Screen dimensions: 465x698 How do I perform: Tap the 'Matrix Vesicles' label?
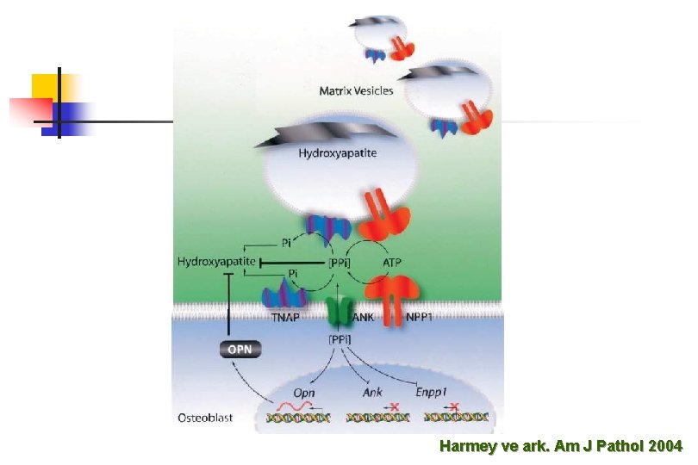[x=356, y=90]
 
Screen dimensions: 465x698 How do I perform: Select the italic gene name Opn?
[x=304, y=393]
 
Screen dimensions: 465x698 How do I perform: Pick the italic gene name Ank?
[x=372, y=393]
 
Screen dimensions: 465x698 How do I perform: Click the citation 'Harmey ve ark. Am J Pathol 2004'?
[x=561, y=446]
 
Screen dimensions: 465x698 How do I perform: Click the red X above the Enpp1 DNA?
[x=454, y=406]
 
